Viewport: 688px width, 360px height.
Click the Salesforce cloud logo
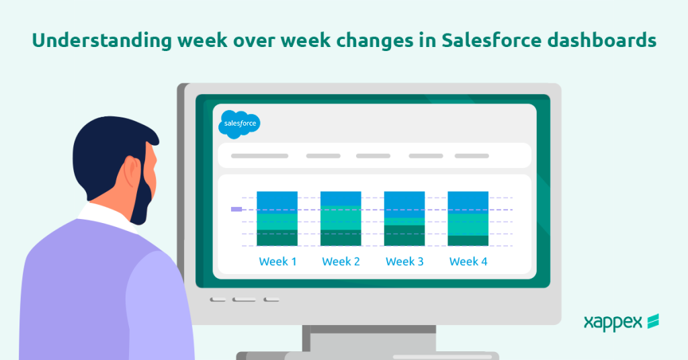240,124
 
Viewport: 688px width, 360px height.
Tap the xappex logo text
613,323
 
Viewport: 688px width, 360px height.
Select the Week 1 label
277,261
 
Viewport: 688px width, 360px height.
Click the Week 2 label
341,261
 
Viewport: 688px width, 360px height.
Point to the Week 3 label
404,261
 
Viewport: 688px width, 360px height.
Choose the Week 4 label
468,261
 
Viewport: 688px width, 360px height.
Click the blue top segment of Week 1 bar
277,202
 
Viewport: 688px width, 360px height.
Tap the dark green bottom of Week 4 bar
468,240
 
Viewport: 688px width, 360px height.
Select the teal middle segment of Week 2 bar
341,218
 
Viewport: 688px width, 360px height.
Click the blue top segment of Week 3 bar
404,204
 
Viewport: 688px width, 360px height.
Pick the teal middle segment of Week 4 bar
468,224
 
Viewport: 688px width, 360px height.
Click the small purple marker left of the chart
236,209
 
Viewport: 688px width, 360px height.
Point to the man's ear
132,171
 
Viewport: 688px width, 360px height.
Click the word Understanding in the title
102,41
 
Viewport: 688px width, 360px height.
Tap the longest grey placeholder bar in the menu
260,156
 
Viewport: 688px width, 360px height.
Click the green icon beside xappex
653,321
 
